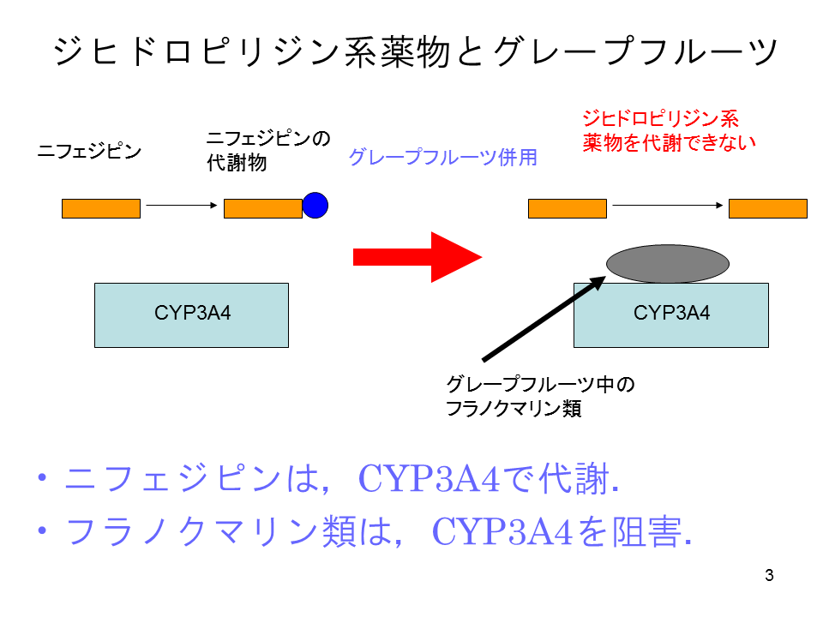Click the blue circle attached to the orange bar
pyautogui.click(x=315, y=205)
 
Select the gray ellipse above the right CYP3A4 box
pyautogui.click(x=667, y=264)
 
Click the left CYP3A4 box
pyautogui.click(x=191, y=314)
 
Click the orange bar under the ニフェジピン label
pyautogui.click(x=100, y=208)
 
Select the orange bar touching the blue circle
pyautogui.click(x=262, y=208)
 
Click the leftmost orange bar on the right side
pyautogui.click(x=567, y=208)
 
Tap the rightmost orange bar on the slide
pyautogui.click(x=767, y=208)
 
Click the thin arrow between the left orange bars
pyautogui.click(x=180, y=206)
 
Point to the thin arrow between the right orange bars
pyautogui.click(x=666, y=206)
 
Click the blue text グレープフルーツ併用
pyautogui.click(x=442, y=158)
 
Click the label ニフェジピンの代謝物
pyautogui.click(x=267, y=150)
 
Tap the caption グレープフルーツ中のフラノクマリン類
pyautogui.click(x=540, y=396)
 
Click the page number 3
pyautogui.click(x=769, y=575)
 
